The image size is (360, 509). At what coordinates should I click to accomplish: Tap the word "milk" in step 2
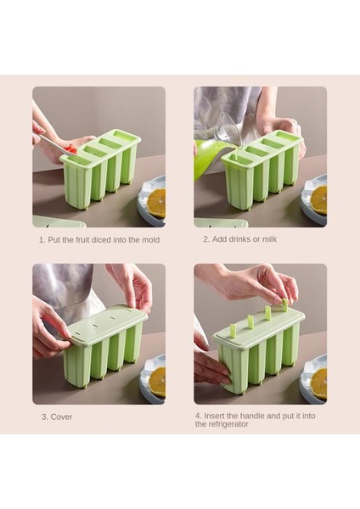269,239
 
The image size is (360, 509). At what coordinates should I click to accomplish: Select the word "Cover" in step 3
61,417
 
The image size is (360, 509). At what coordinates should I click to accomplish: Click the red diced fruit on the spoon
70,149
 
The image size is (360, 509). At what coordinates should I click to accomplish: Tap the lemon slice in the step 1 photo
156,203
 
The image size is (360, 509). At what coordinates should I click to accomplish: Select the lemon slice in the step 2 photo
318,200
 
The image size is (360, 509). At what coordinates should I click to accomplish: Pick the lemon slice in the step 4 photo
318,383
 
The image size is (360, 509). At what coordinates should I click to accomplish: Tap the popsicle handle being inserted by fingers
284,305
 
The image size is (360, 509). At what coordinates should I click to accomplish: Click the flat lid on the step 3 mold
103,322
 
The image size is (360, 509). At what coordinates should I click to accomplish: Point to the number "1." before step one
42,240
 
